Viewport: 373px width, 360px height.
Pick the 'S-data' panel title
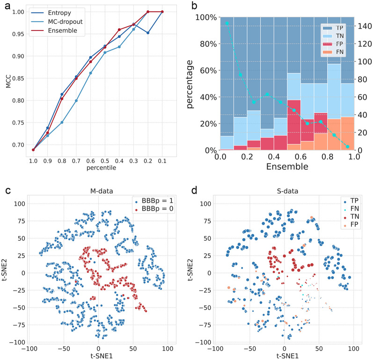(284, 191)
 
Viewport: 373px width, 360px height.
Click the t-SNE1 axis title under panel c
(98, 356)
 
